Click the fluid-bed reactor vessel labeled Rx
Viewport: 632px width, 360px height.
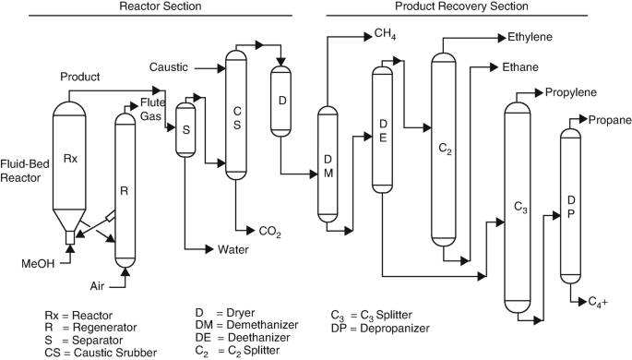tap(69, 162)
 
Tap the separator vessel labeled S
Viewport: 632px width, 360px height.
tap(185, 130)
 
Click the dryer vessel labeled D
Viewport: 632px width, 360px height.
tap(280, 102)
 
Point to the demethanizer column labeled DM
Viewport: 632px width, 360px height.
tap(328, 165)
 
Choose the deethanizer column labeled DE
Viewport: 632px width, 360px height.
tap(382, 130)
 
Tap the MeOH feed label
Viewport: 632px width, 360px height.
tap(38, 264)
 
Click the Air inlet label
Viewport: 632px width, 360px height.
tap(97, 286)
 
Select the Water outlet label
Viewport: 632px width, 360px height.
tap(233, 250)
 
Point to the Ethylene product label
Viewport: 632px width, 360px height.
tap(530, 37)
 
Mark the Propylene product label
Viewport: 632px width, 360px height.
tap(571, 92)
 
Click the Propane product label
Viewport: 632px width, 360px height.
tap(610, 120)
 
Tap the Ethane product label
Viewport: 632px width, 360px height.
tap(520, 66)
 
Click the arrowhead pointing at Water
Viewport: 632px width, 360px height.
tap(209, 249)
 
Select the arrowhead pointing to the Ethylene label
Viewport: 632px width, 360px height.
tap(502, 38)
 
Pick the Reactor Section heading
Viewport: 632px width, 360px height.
tap(161, 6)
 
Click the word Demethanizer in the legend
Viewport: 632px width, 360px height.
tap(262, 325)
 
